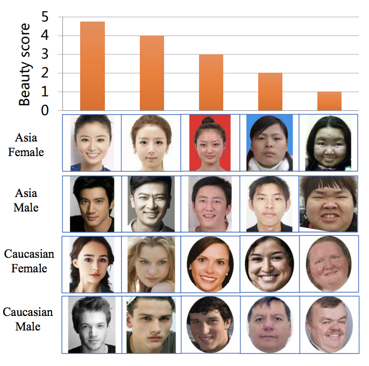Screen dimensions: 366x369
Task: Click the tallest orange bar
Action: [92, 66]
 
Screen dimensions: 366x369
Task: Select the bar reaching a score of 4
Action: [152, 73]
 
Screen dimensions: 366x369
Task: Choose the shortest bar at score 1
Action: [329, 101]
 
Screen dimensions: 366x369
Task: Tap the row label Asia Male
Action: [26, 200]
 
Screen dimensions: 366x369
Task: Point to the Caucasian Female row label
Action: [29, 261]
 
